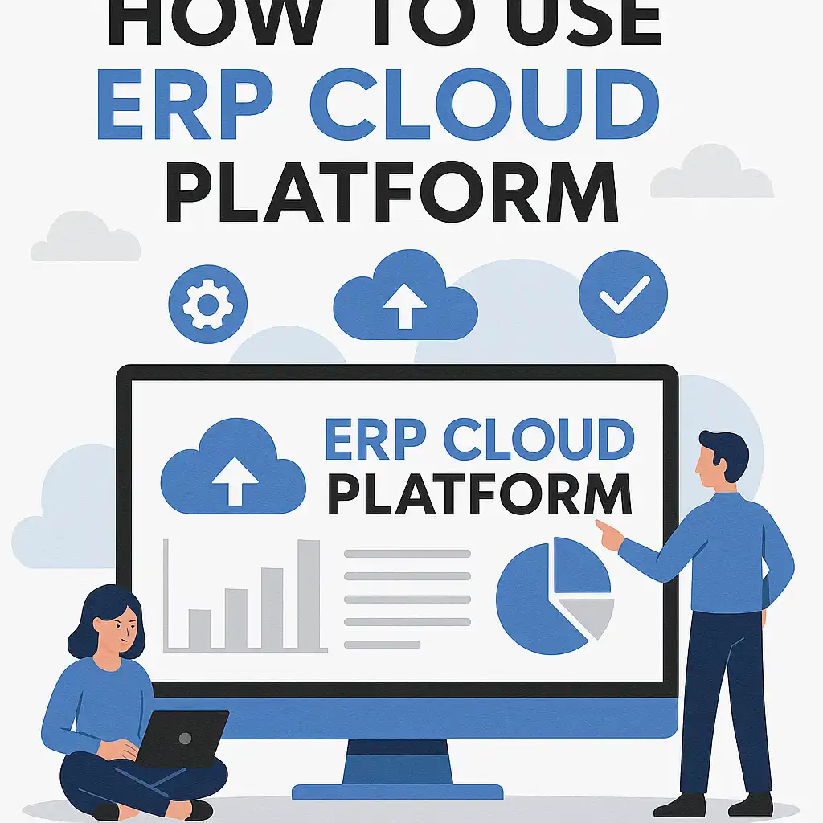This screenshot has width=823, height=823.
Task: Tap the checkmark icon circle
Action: pyautogui.click(x=623, y=295)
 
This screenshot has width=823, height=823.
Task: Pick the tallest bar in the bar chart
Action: pyautogui.click(x=309, y=595)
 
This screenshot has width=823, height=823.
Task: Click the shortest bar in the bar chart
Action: pyautogui.click(x=199, y=629)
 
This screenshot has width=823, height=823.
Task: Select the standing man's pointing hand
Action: pyautogui.click(x=609, y=534)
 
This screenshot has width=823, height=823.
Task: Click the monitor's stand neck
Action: pyautogui.click(x=398, y=764)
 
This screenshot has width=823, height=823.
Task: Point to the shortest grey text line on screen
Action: pyautogui.click(x=382, y=644)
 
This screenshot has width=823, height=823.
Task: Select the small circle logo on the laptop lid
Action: pyautogui.click(x=186, y=738)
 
